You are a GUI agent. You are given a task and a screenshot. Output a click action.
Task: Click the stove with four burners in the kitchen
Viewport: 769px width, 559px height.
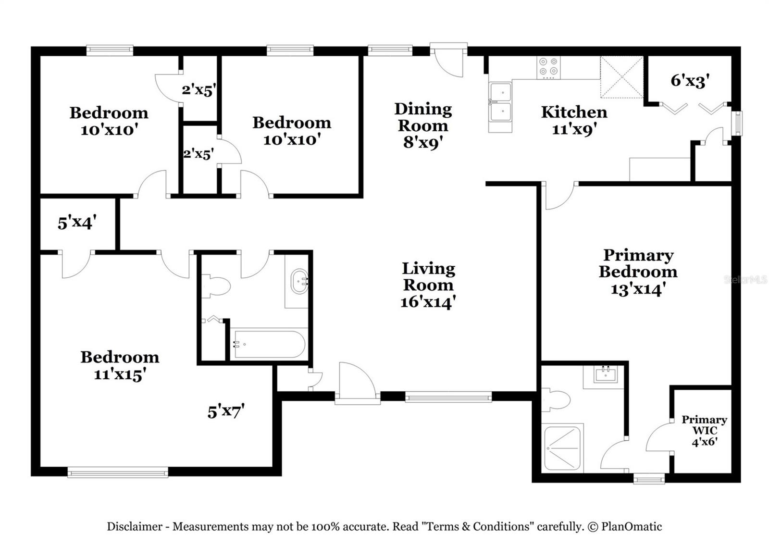coord(548,67)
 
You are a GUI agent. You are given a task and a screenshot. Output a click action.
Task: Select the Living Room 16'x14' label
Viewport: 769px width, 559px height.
coord(428,286)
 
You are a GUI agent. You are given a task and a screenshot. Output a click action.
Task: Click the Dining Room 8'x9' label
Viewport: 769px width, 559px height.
coord(423,126)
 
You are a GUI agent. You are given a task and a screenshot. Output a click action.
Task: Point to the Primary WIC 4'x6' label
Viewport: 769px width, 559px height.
coord(705,431)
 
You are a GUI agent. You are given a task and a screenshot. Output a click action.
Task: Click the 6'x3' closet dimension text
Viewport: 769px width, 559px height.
coord(690,81)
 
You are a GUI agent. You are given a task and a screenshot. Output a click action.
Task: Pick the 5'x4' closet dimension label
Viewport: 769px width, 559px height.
coord(77,222)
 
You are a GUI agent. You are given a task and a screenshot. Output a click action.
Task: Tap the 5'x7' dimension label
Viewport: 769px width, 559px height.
coord(226,411)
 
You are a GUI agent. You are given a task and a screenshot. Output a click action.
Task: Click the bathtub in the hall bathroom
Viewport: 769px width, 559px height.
coord(268,344)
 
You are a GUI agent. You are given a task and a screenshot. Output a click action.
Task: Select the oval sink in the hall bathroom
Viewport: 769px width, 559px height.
coord(299,281)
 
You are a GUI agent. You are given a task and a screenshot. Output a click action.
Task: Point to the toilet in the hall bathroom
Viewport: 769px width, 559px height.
coord(215,286)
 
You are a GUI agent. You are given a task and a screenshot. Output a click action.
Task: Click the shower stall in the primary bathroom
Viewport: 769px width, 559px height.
coord(562,448)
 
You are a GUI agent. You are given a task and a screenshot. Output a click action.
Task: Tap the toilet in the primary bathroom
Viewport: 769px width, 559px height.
coord(556,399)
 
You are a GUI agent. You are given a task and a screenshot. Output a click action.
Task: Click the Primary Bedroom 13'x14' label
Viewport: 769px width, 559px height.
coord(638,272)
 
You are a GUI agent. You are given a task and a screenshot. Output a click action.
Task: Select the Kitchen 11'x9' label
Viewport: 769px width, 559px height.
coord(574,121)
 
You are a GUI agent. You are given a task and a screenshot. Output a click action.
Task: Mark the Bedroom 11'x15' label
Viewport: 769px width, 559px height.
coord(120,366)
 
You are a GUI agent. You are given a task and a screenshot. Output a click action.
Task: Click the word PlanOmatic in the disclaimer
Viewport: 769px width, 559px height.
coord(632,526)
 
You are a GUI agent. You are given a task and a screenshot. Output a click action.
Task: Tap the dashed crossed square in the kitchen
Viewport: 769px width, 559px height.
coord(622,77)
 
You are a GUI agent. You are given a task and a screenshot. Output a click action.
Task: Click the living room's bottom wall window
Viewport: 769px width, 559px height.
coord(448,398)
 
